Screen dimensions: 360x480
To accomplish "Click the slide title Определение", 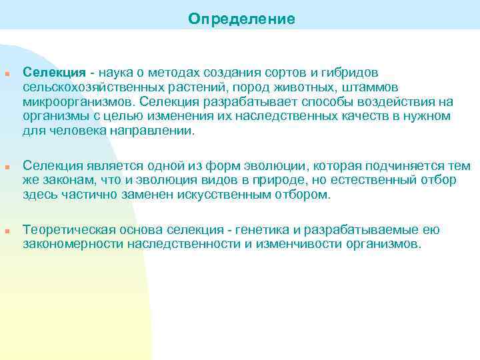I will pyautogui.click(x=241, y=19).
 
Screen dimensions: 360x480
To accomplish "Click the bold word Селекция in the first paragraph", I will pyautogui.click(x=54, y=72).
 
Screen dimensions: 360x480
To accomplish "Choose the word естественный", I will pyautogui.click(x=375, y=180).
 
